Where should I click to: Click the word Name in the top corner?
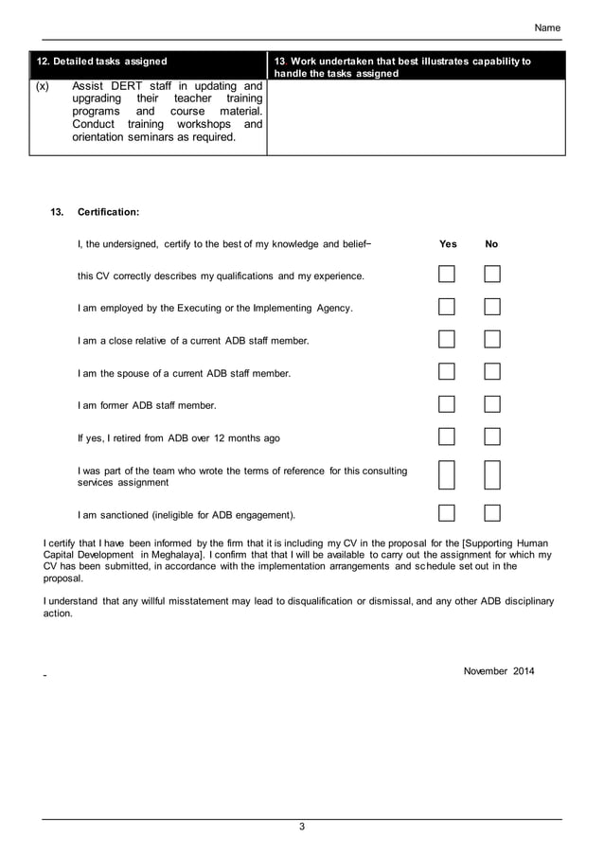[547, 28]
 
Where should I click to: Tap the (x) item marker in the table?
[42, 86]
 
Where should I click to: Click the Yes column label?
[448, 244]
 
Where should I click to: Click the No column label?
[491, 244]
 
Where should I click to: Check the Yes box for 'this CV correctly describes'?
[447, 275]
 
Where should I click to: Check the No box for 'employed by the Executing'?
[492, 307]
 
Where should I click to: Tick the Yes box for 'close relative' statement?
[447, 339]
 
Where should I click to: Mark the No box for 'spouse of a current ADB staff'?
[492, 372]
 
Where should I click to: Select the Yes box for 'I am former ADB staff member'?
[447, 404]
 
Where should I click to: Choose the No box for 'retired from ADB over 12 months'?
[492, 436]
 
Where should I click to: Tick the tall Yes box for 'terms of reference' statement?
[447, 475]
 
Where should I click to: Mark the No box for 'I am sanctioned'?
[492, 514]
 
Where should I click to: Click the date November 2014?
[499, 671]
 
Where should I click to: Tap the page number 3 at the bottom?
[302, 827]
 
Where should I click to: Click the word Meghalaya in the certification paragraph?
[169, 554]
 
